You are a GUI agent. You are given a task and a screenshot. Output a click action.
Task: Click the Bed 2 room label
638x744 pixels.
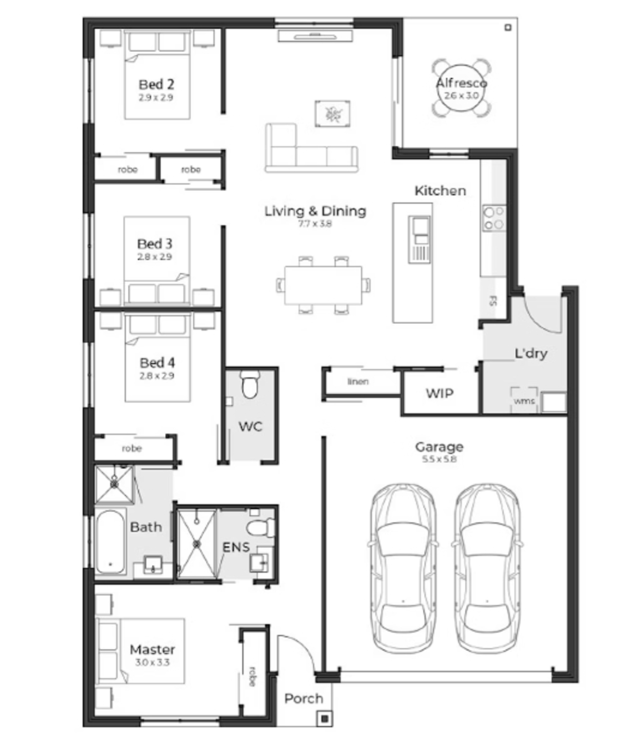[x=156, y=84]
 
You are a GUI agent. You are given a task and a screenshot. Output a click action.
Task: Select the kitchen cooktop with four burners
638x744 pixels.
[x=494, y=218]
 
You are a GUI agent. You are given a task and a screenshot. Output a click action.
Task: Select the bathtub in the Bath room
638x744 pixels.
[x=110, y=542]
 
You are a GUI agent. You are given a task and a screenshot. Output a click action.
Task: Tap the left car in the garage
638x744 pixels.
[x=403, y=568]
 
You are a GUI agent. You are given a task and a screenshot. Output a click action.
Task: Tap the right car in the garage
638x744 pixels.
[x=487, y=568]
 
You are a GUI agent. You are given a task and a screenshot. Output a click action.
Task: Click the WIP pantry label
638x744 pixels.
[x=439, y=394]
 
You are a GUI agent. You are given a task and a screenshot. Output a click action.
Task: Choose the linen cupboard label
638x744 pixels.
[x=358, y=381]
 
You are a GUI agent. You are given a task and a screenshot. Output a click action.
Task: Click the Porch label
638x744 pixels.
[x=303, y=698]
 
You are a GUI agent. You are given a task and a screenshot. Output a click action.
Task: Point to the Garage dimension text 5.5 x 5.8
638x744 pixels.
[x=439, y=459]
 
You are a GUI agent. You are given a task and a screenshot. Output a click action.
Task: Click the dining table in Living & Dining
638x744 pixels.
[x=323, y=285]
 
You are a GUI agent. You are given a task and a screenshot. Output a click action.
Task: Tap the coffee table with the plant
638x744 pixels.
[x=332, y=114]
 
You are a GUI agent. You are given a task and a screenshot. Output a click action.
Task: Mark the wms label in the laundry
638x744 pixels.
[x=524, y=401]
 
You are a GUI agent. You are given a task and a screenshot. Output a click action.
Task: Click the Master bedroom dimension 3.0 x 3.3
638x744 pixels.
[x=152, y=662]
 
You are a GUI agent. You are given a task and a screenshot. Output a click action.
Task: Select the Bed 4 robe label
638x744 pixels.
[x=132, y=448]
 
